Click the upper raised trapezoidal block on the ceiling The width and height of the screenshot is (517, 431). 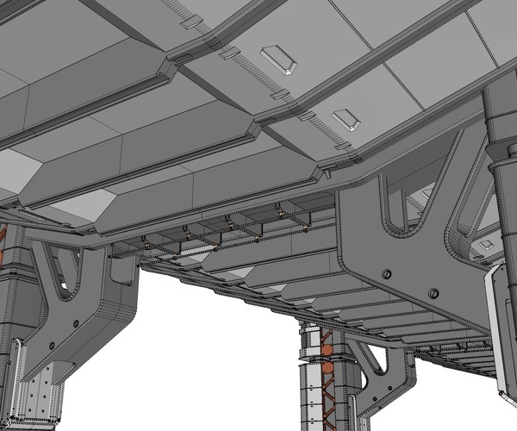click(279, 59)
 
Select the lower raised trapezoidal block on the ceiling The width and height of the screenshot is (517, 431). click(346, 119)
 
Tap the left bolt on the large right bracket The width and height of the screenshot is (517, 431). click(385, 274)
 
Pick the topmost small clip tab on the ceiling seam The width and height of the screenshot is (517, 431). click(194, 22)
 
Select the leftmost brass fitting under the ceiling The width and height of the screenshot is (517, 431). click(146, 246)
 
